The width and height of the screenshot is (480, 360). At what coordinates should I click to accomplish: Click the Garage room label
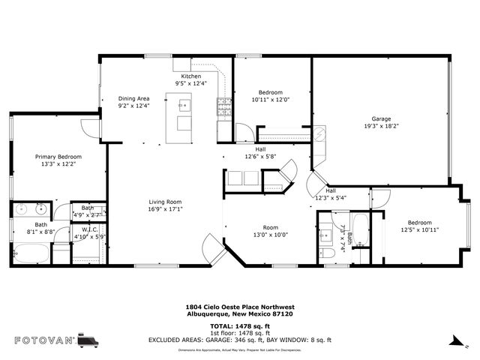pos(381,118)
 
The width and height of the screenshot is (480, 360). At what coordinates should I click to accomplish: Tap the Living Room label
pos(164,202)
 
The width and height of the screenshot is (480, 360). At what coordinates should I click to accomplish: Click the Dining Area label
pos(134,99)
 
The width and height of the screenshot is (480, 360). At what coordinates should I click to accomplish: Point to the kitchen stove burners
pos(223,108)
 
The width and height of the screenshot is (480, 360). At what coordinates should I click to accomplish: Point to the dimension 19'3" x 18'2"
pos(381,126)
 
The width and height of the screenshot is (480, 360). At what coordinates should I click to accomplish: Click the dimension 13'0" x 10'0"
pos(269,235)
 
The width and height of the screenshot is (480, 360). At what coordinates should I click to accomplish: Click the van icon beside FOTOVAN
pos(88,340)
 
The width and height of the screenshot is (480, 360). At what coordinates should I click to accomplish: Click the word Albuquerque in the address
pos(208,314)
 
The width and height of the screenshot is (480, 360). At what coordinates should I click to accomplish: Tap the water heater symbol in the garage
pos(320,134)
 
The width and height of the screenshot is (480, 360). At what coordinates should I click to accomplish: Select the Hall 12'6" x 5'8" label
pos(260,153)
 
